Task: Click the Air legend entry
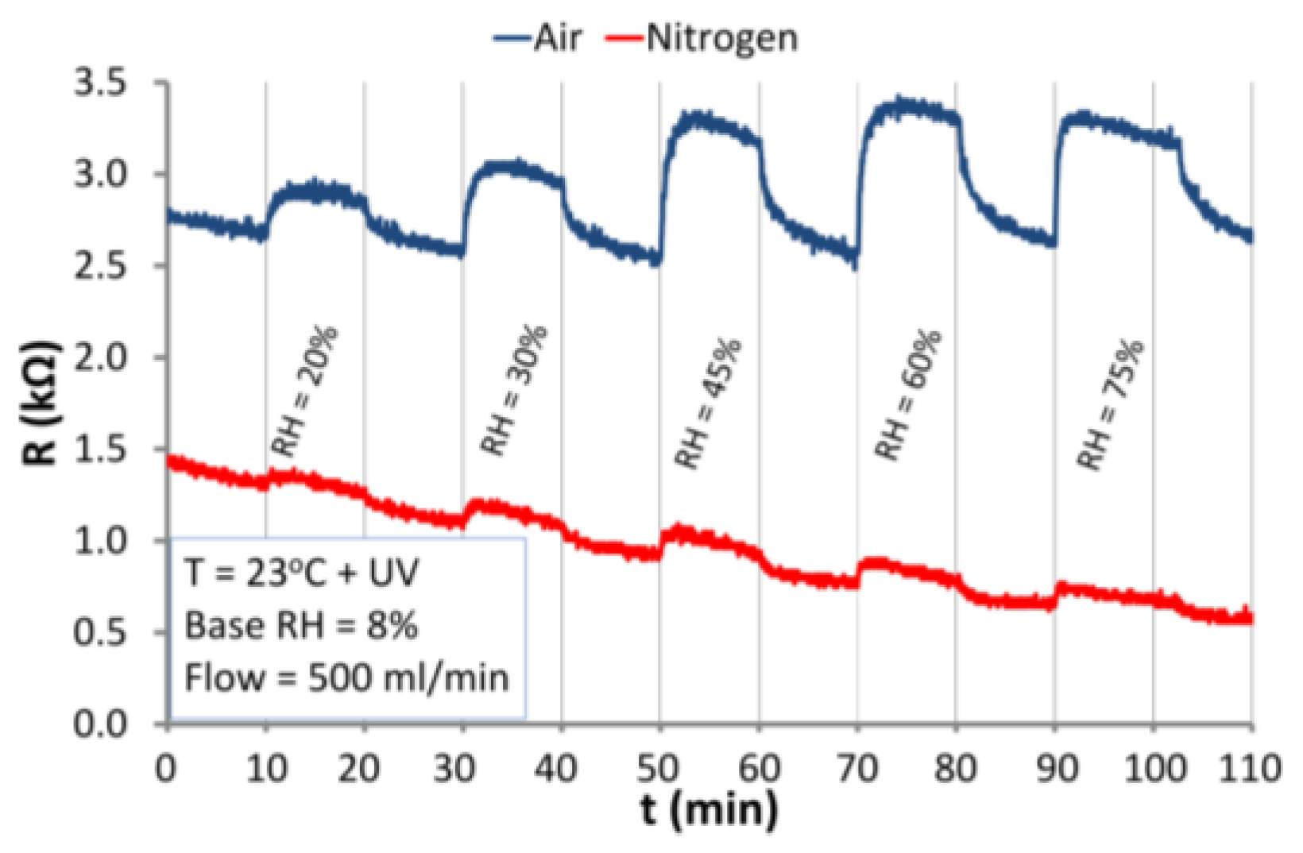click(x=539, y=37)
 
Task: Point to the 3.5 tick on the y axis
click(x=100, y=83)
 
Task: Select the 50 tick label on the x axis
click(x=659, y=769)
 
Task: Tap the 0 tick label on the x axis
click(x=166, y=769)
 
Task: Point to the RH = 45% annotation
click(x=708, y=403)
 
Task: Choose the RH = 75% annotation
click(x=1111, y=404)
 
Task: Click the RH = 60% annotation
click(x=907, y=395)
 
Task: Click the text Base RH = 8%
click(x=302, y=626)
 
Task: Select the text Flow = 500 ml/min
click(x=346, y=678)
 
